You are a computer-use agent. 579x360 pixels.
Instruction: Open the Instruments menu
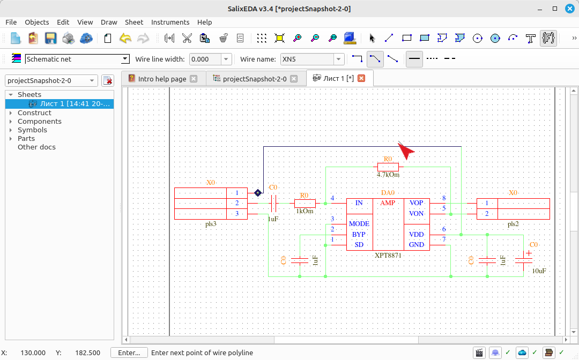[x=170, y=22]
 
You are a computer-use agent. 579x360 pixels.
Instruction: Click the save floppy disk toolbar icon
[x=50, y=38]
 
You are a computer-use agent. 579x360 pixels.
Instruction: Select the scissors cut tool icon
[x=187, y=38]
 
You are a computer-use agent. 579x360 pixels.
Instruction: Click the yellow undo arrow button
[x=125, y=38]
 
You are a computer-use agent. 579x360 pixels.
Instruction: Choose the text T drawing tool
[x=531, y=38]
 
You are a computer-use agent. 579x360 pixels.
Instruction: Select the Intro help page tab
[x=162, y=79]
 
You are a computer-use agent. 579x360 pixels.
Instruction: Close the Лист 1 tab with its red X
[x=361, y=78]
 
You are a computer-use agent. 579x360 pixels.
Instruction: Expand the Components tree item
[x=11, y=122]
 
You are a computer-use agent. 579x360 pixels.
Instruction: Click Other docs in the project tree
[x=36, y=147]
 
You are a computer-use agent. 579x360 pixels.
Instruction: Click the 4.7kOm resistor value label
[x=388, y=175]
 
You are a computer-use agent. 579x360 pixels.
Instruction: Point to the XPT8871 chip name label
[x=388, y=255]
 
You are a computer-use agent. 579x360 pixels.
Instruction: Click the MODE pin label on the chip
[x=359, y=223]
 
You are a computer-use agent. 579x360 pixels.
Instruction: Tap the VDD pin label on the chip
[x=416, y=234]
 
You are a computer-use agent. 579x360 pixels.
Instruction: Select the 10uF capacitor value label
[x=539, y=271]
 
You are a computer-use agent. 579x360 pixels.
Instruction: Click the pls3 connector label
[x=211, y=223]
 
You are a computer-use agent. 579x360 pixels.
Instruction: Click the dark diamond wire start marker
[x=258, y=192]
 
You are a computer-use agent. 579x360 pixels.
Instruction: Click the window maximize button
[x=555, y=9]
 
